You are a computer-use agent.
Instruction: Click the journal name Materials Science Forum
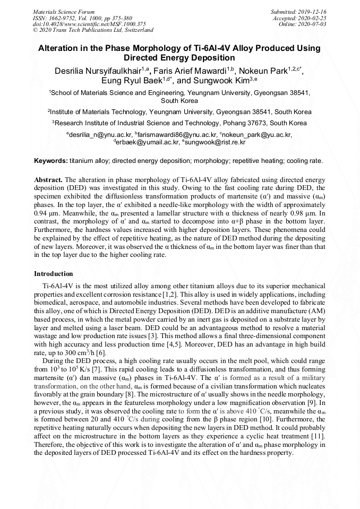64,11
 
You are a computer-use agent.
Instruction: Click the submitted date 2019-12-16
314,11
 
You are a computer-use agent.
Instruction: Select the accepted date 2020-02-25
314,18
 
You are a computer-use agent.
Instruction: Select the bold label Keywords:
51,160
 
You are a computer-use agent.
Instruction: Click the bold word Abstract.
48,179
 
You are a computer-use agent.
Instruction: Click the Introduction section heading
54,274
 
